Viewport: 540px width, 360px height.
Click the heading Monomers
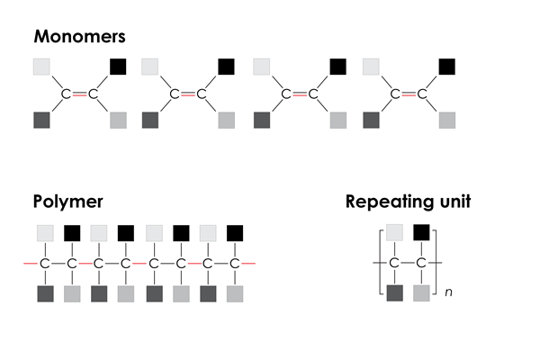click(x=79, y=37)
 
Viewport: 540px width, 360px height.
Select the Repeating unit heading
click(x=408, y=201)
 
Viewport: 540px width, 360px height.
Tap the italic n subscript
click(x=447, y=292)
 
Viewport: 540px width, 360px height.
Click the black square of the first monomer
click(x=118, y=66)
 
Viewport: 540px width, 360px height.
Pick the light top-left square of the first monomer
click(x=41, y=66)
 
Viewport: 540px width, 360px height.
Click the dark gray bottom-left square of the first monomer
click(x=41, y=120)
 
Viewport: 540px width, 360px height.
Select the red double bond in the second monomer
click(x=189, y=94)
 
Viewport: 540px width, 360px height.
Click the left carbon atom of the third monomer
click(x=287, y=94)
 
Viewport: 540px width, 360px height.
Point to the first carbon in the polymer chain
click(x=45, y=263)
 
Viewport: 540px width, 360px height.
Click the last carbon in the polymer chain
click(x=234, y=263)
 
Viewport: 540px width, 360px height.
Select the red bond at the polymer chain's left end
click(x=31, y=263)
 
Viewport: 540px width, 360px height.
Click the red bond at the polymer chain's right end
click(x=249, y=263)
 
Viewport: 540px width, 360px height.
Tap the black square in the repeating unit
click(x=420, y=233)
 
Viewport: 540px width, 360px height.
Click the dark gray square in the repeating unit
click(x=393, y=292)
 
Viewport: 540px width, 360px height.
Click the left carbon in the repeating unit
click(x=393, y=263)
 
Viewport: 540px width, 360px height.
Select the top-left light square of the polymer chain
click(x=45, y=233)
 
